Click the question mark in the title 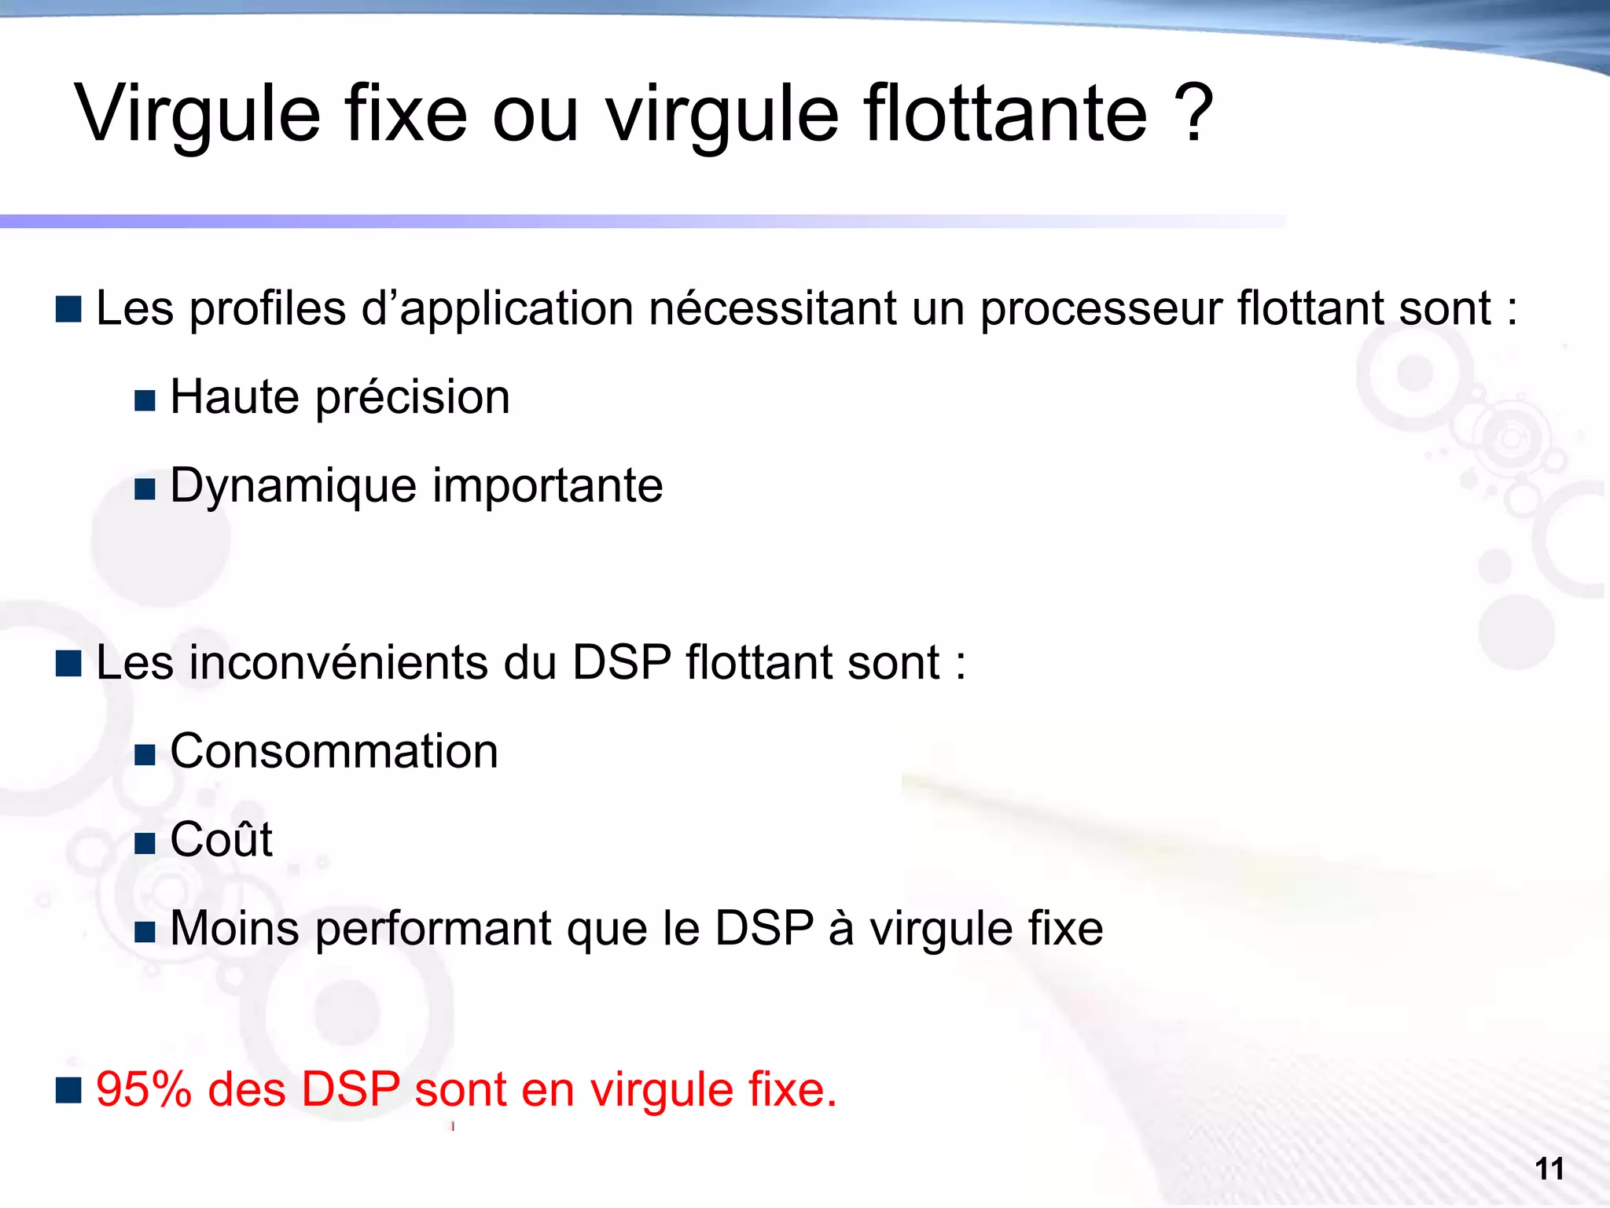pos(1193,115)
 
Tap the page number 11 pos(1549,1169)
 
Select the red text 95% pos(144,1090)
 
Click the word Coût pos(221,840)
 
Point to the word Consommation pos(334,751)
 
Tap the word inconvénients pos(339,662)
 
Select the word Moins pos(235,929)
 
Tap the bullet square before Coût pos(145,844)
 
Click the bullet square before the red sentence pos(69,1091)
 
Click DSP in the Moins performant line pos(763,929)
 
